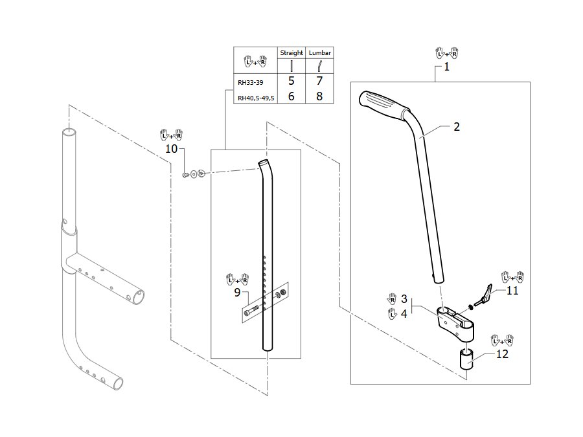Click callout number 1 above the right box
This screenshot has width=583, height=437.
point(446,67)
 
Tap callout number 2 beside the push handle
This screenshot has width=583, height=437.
point(457,127)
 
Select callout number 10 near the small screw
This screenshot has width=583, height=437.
point(171,149)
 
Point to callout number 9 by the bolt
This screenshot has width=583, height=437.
point(237,293)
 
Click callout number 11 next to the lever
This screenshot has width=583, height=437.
point(512,290)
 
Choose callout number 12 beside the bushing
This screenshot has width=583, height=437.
point(502,353)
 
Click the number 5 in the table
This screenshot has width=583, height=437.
point(291,81)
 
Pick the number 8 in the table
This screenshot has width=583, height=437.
point(319,96)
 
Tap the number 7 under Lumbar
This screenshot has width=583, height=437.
point(319,81)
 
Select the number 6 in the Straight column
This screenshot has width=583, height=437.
point(291,96)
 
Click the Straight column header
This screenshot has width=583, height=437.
point(291,53)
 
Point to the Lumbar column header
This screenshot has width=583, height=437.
point(320,53)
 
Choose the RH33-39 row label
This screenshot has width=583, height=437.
point(250,82)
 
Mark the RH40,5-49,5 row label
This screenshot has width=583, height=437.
point(256,98)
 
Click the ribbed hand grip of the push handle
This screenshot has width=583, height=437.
point(383,105)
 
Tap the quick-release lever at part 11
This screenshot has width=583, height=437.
point(483,295)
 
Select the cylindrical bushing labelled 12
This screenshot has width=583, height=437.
point(467,359)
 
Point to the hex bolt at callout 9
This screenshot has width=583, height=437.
point(252,311)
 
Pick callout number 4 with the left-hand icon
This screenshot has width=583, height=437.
point(404,314)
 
